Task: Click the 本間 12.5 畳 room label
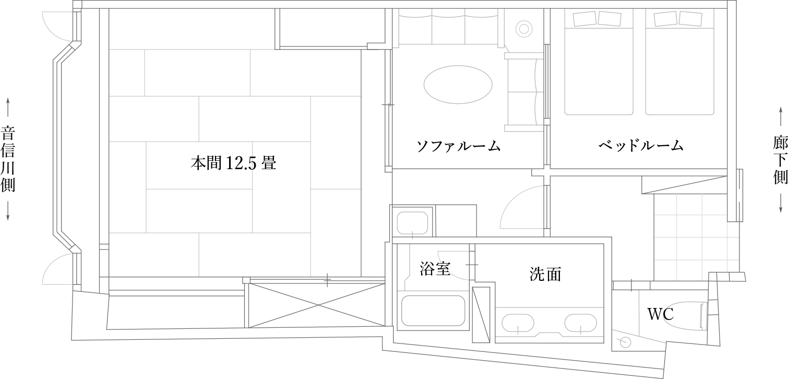tap(233, 163)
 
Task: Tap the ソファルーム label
tap(458, 146)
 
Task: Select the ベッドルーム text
tap(641, 145)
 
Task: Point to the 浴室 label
tap(435, 269)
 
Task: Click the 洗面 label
tap(545, 275)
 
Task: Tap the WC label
tap(660, 314)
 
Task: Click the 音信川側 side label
tap(8, 159)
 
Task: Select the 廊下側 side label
tap(780, 160)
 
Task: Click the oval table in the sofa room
tap(458, 85)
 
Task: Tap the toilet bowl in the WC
tap(686, 316)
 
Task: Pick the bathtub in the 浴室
tap(433, 311)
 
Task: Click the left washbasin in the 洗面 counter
tap(518, 323)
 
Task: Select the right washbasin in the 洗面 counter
tap(581, 323)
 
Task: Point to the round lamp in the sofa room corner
tap(524, 29)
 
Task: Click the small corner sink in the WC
tap(625, 342)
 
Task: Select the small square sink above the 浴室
tap(413, 223)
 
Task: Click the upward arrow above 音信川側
tap(8, 108)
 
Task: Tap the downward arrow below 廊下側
tap(781, 204)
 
